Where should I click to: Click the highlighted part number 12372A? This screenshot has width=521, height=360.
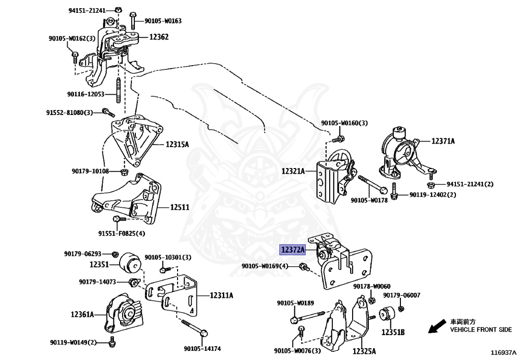292,250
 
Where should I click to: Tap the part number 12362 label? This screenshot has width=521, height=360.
159,37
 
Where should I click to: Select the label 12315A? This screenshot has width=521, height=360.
177,145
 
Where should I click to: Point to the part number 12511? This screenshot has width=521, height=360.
180,207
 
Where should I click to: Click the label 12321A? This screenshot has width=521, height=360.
293,171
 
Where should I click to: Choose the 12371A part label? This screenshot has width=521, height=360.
443,141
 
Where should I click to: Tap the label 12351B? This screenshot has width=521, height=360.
393,332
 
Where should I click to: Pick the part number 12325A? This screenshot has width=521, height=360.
365,351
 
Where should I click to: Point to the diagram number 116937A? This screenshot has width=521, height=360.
504,352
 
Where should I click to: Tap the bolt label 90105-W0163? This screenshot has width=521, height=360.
163,21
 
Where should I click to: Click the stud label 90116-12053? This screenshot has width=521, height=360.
85,94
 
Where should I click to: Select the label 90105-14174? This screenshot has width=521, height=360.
202,349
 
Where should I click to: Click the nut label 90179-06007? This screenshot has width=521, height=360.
402,295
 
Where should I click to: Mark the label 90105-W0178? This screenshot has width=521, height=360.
369,201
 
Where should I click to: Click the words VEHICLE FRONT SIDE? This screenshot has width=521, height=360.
481,329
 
